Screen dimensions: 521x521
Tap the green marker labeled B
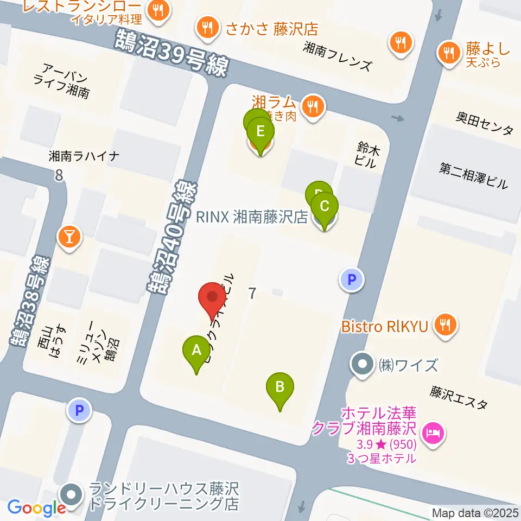click(279, 387)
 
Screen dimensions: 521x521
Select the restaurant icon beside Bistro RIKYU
click(446, 326)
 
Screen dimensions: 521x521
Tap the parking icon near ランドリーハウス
click(80, 410)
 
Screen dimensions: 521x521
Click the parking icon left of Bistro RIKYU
click(351, 280)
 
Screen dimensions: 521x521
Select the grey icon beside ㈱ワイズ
click(362, 364)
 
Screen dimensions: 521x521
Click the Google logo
click(36, 508)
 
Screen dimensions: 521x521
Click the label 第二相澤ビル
click(473, 176)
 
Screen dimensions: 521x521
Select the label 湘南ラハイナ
click(84, 156)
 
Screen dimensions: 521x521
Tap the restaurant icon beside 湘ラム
click(313, 105)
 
